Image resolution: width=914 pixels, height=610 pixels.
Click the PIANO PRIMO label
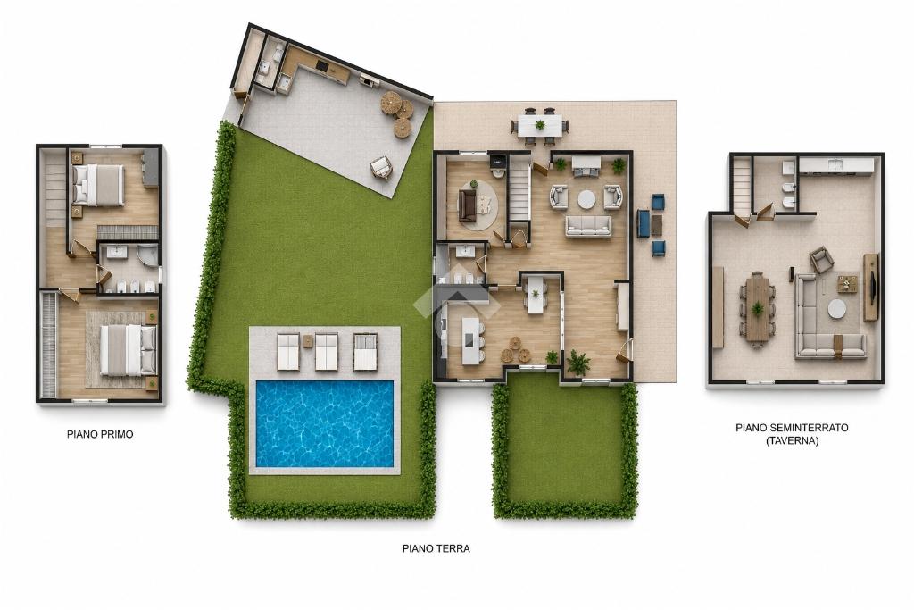[100, 434]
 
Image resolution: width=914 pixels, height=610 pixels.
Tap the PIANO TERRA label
[436, 548]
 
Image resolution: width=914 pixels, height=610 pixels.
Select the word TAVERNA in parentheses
[793, 441]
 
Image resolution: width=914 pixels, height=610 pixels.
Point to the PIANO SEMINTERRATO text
[792, 428]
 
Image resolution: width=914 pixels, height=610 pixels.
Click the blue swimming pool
[325, 424]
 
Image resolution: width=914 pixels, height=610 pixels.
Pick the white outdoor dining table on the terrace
[540, 125]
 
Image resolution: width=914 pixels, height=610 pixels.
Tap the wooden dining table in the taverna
[757, 308]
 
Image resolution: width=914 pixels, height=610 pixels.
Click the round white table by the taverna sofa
[837, 308]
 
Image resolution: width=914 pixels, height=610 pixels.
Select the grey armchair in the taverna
[821, 260]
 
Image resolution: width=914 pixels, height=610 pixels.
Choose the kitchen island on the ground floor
[470, 340]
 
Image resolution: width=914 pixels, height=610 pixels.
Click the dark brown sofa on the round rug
[466, 205]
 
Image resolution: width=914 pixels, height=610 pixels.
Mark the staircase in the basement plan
[741, 186]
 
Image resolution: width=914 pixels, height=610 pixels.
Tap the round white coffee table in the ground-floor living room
[587, 199]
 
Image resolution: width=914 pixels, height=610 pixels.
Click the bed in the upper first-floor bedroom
[97, 185]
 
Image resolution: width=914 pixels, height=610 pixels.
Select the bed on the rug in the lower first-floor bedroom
[128, 350]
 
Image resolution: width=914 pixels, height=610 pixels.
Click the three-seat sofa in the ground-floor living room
[588, 226]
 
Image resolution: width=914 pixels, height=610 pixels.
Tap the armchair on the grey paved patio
[381, 169]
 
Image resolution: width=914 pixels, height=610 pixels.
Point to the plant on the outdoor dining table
[540, 124]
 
